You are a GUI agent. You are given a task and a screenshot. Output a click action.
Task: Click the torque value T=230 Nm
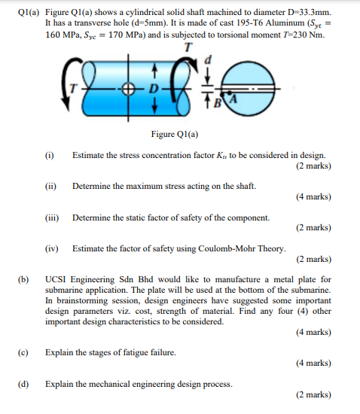click(x=312, y=35)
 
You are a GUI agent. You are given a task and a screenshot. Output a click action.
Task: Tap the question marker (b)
click(x=23, y=280)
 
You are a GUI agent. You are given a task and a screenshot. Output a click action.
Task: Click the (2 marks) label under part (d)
click(x=313, y=394)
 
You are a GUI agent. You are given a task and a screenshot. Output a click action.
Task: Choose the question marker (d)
click(x=23, y=383)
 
